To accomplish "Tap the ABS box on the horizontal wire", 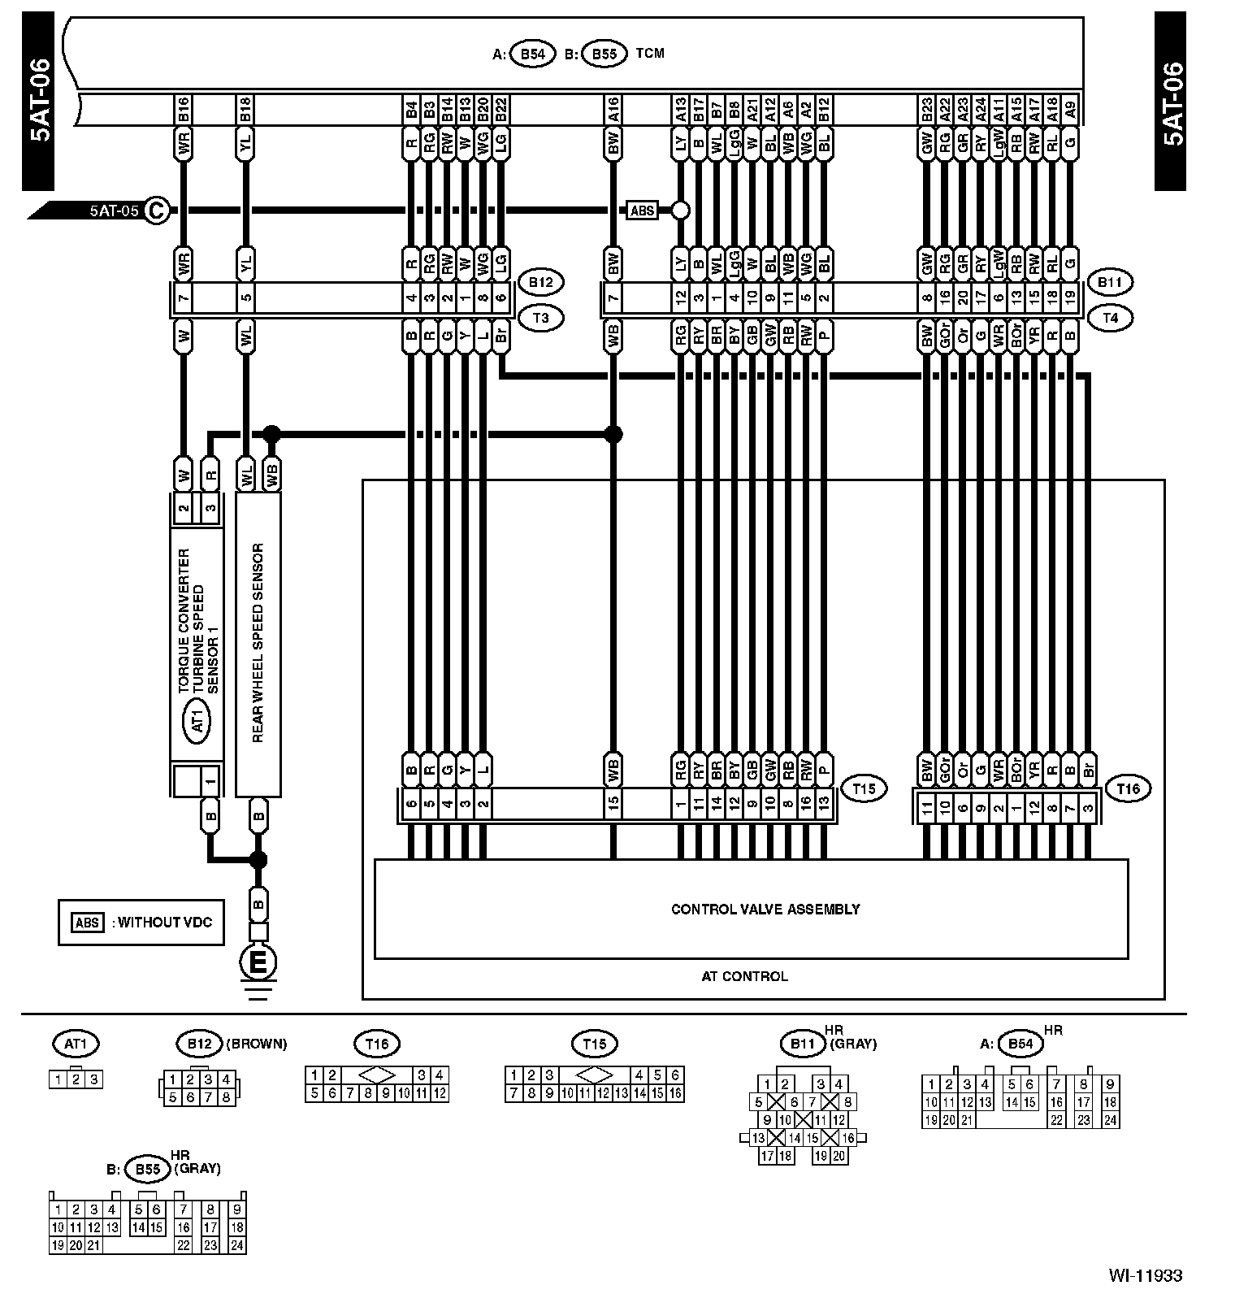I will (x=642, y=211).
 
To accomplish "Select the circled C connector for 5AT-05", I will (x=156, y=211).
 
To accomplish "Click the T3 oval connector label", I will (x=539, y=317).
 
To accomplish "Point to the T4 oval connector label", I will (x=1110, y=317).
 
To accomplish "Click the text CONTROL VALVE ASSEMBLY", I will (x=765, y=909).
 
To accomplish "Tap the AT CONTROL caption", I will (x=744, y=976).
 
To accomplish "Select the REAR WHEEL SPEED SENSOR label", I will (x=258, y=644).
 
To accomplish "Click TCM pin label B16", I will (x=184, y=109).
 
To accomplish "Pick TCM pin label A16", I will (x=613, y=109).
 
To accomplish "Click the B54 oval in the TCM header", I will (x=532, y=54).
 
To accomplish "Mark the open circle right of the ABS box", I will (x=680, y=211).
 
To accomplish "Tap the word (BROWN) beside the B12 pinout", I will (x=257, y=1044).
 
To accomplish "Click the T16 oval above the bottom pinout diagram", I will (x=377, y=1044).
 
